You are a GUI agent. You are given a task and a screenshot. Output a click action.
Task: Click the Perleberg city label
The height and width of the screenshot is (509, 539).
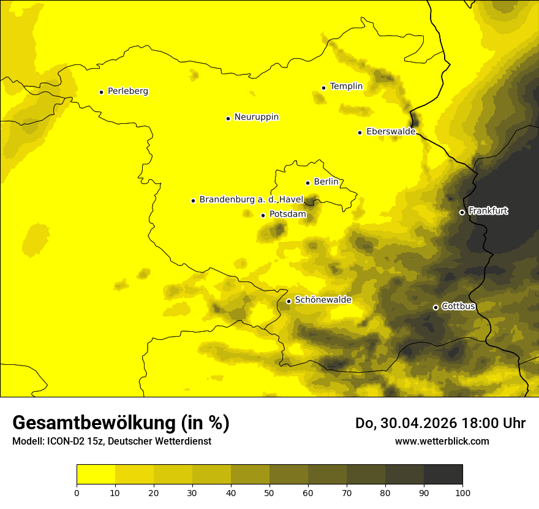127,91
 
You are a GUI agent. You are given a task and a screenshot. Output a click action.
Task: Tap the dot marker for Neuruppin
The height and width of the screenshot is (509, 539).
228,118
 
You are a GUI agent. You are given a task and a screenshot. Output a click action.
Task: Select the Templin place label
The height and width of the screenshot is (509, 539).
346,86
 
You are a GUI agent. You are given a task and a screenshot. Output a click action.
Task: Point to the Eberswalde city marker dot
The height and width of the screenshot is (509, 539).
360,132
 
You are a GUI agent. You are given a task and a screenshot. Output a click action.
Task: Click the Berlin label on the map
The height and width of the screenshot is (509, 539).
326,182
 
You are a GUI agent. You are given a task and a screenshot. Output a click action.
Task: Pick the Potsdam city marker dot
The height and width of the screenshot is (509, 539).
263,215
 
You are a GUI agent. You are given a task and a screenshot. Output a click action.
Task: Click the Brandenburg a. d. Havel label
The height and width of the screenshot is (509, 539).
251,200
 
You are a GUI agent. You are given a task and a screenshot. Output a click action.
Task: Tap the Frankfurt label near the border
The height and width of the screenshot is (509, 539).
488,211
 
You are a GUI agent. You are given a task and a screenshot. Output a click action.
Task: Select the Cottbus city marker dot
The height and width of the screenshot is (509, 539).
435,307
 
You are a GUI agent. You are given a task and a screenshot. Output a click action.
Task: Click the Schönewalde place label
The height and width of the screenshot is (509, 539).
323,300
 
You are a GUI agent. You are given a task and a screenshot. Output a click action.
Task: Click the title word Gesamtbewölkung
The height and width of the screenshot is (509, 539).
93,423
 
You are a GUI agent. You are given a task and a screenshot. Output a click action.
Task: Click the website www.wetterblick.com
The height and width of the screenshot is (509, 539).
442,441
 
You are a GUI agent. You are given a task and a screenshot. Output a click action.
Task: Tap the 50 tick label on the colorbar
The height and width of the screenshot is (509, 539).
269,492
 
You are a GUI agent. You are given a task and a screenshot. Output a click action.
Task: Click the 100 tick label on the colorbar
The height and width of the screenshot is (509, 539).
462,492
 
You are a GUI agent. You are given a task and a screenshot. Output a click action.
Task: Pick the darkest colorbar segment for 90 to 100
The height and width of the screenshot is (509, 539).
443,475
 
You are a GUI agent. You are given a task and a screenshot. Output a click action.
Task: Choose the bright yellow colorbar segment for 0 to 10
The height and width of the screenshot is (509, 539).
96,475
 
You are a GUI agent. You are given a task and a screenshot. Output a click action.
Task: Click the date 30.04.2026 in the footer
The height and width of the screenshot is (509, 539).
414,423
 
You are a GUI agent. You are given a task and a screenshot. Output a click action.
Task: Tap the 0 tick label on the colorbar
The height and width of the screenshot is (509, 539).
77,492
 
